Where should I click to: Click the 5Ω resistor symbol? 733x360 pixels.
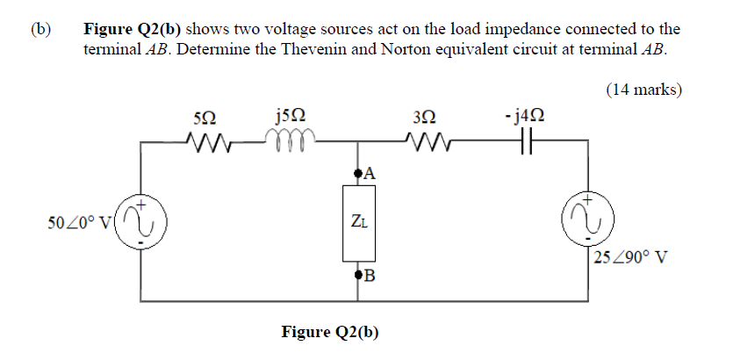pos(208,140)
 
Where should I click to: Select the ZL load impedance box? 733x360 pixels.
pos(357,221)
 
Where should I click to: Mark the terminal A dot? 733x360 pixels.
pos(357,174)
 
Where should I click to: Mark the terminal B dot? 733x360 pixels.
pos(357,276)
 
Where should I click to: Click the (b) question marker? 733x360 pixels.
pos(41,29)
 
